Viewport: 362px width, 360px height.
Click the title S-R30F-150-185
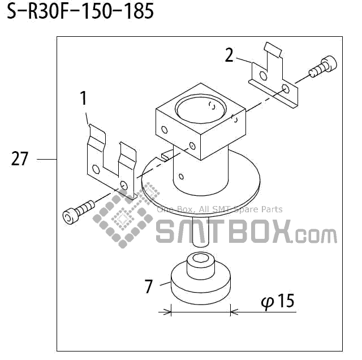point(80,12)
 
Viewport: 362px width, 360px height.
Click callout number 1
point(84,99)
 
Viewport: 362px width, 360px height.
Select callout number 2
point(229,55)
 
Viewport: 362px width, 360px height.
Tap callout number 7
point(149,287)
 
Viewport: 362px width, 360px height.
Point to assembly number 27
point(20,160)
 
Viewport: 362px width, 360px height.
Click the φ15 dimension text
point(278,301)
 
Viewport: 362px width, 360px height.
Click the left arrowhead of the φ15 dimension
point(168,311)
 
